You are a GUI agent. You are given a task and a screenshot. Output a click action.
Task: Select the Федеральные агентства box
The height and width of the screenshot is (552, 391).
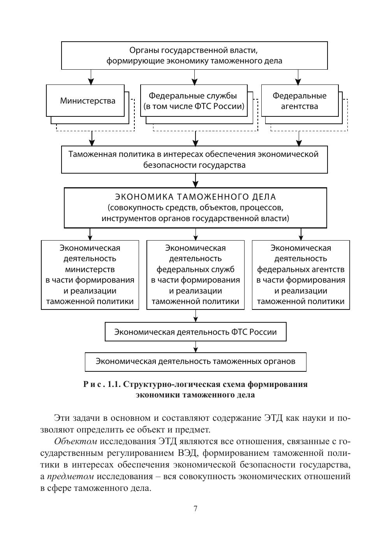[299, 101]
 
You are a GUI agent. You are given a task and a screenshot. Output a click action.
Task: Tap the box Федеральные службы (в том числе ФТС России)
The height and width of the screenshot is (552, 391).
[194, 101]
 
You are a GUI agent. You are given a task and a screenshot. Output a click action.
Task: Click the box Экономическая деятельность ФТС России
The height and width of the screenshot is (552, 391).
[195, 332]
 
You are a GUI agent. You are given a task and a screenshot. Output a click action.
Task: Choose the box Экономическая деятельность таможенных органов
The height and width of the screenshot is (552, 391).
[195, 361]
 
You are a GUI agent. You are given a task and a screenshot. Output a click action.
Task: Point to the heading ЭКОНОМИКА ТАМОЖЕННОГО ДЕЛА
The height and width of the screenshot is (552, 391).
[195, 196]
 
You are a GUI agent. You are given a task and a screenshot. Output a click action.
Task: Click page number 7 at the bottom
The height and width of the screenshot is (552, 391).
[195, 509]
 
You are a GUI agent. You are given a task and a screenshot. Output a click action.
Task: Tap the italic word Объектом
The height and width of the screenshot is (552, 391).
[76, 441]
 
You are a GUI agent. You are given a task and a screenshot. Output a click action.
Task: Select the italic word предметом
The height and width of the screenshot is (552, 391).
[70, 476]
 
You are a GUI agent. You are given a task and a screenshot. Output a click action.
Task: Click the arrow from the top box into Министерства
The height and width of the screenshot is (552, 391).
[91, 77]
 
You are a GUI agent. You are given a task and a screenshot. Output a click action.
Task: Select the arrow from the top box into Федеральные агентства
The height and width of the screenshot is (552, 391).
[298, 77]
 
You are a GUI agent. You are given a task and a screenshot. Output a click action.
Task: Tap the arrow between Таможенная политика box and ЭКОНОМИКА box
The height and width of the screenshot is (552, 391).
[195, 180]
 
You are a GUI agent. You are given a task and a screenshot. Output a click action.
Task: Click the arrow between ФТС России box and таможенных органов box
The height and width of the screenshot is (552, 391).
[195, 347]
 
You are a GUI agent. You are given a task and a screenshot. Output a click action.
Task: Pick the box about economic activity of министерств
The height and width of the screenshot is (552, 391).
[90, 275]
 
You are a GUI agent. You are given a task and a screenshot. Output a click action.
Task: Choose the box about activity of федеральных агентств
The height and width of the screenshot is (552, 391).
[301, 275]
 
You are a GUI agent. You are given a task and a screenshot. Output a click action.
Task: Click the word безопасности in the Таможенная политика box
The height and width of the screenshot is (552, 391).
[169, 165]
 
